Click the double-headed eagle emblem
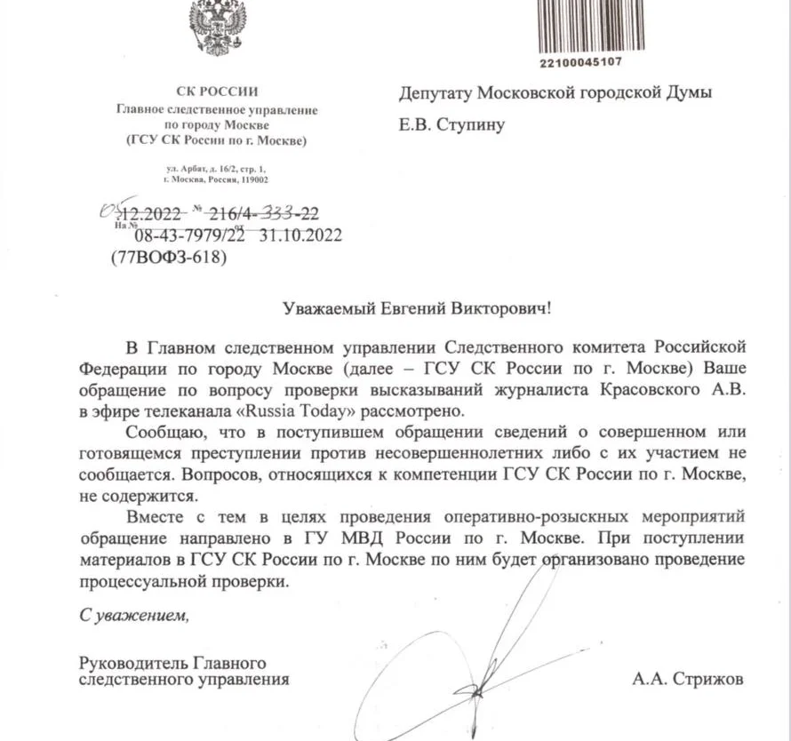(x=218, y=27)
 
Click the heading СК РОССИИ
(x=218, y=91)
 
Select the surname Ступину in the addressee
(x=471, y=124)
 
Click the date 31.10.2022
(x=300, y=235)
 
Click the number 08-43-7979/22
(x=188, y=235)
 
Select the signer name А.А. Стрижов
(x=689, y=680)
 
